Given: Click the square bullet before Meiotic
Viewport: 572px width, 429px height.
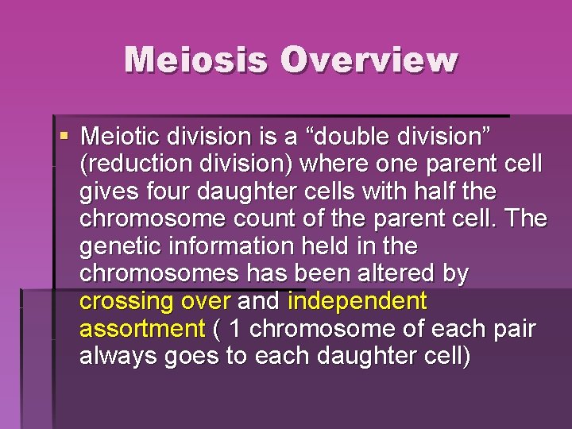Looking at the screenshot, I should (64, 137).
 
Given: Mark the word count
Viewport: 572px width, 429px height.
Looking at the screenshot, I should (232, 219).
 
